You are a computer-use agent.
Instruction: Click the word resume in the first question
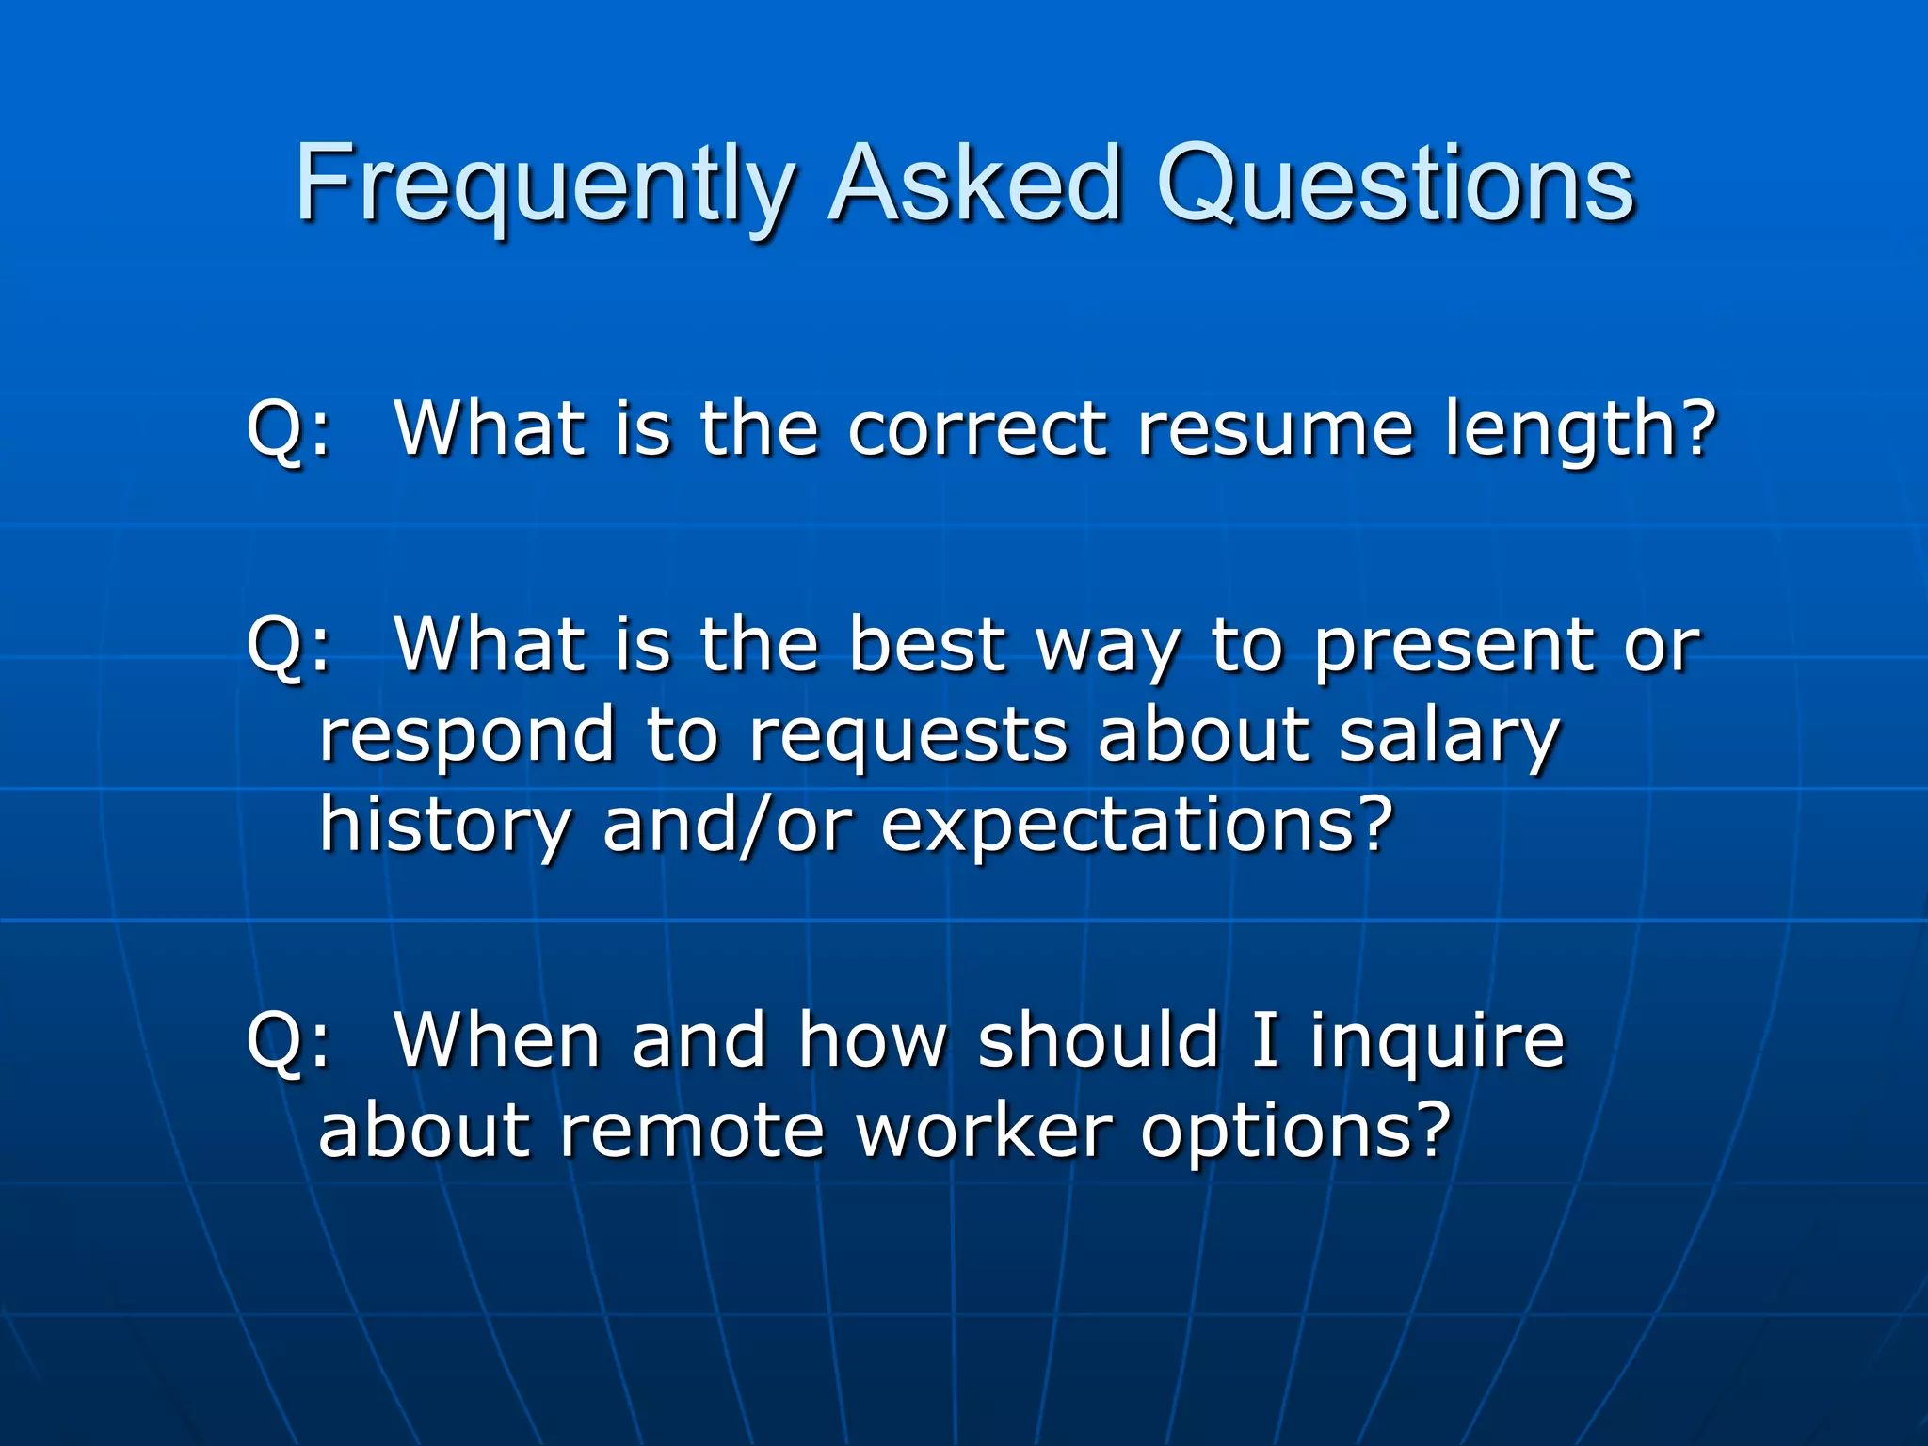(x=1275, y=428)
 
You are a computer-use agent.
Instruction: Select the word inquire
(x=1438, y=1043)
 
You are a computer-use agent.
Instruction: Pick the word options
(x=1295, y=1133)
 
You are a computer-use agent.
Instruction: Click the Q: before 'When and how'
(x=288, y=1043)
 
